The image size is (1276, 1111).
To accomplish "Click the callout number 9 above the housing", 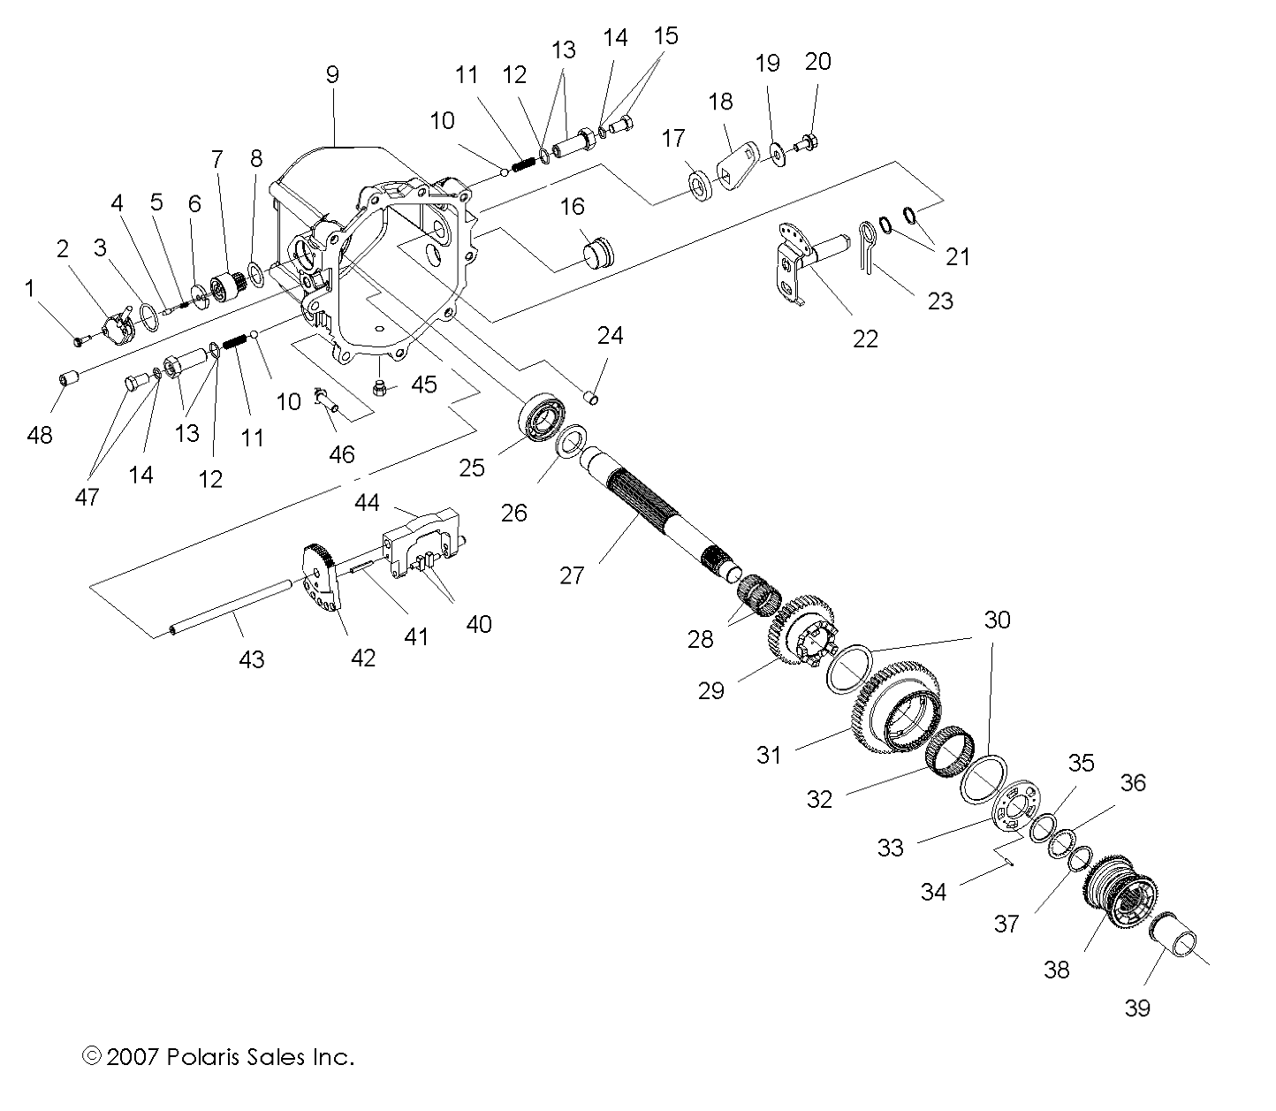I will (332, 74).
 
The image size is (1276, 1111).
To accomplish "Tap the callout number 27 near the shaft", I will (572, 575).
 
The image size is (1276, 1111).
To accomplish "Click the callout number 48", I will (40, 435).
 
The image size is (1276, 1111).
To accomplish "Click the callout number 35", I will (1081, 762).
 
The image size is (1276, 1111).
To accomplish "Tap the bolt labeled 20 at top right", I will (809, 141).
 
